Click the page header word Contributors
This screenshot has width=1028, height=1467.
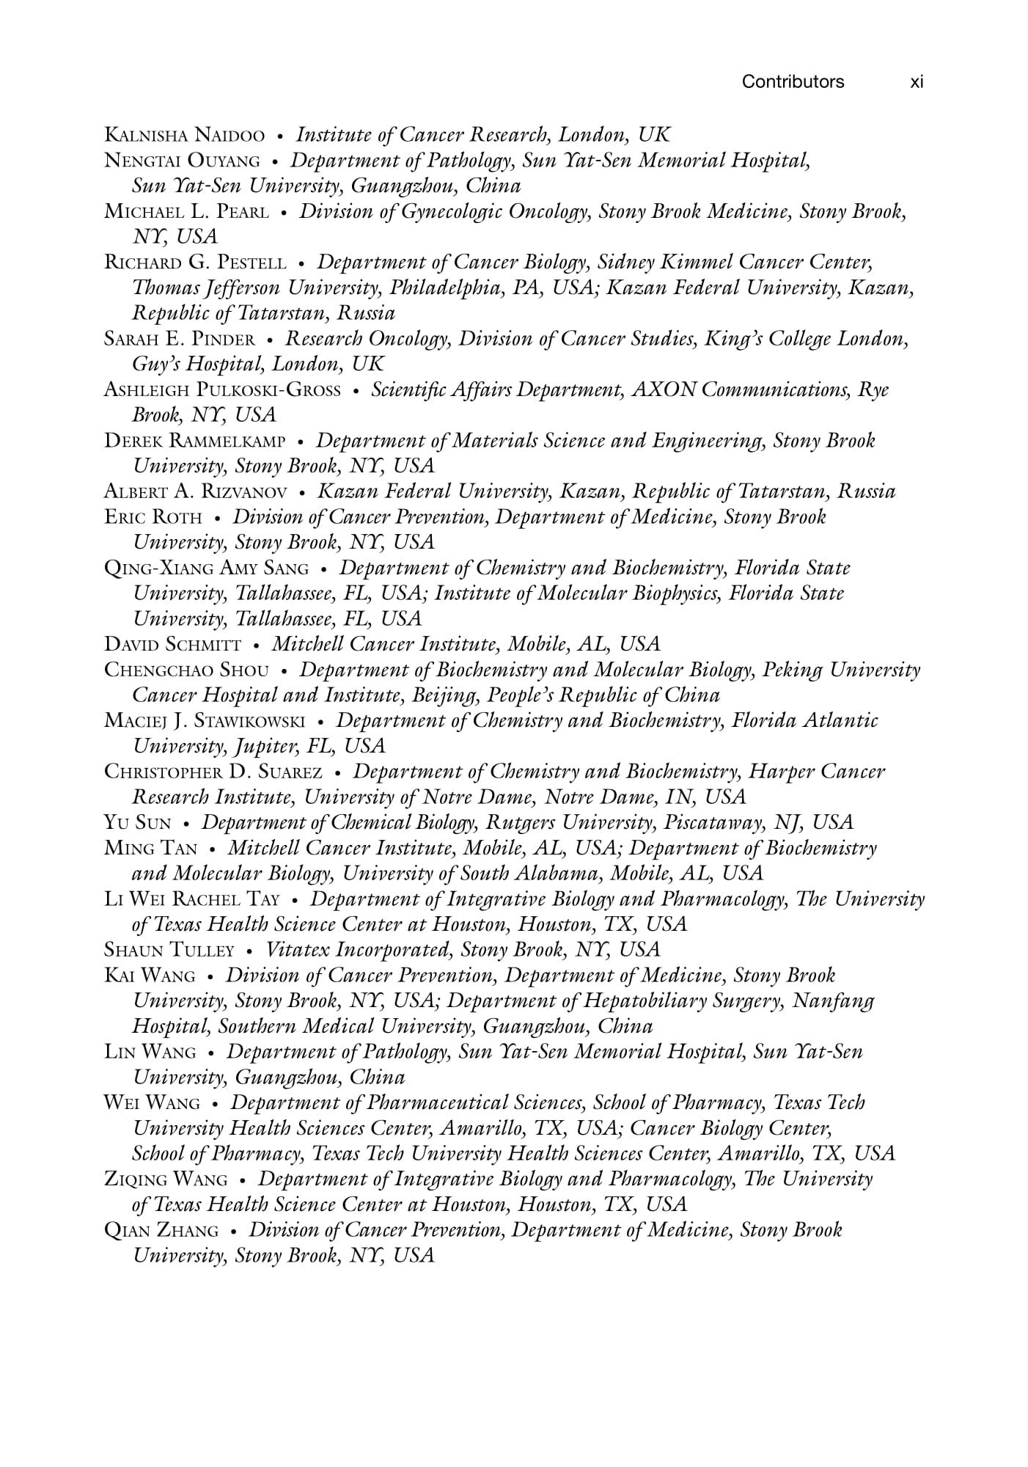pyautogui.click(x=793, y=81)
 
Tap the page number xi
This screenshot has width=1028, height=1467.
pyautogui.click(x=916, y=81)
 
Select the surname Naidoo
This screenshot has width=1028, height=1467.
pyautogui.click(x=230, y=136)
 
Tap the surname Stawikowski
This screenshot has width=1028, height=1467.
pyautogui.click(x=249, y=722)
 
